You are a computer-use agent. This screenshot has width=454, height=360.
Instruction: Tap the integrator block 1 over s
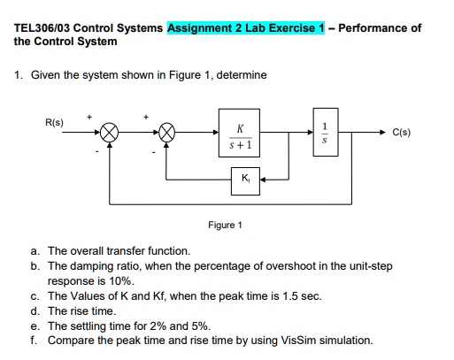pos(324,134)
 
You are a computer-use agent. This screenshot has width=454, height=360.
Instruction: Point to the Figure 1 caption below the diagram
pos(222,225)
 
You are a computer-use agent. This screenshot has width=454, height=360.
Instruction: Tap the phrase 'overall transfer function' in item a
pos(135,251)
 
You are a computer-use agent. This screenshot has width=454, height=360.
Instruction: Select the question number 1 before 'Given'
pos(18,75)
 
